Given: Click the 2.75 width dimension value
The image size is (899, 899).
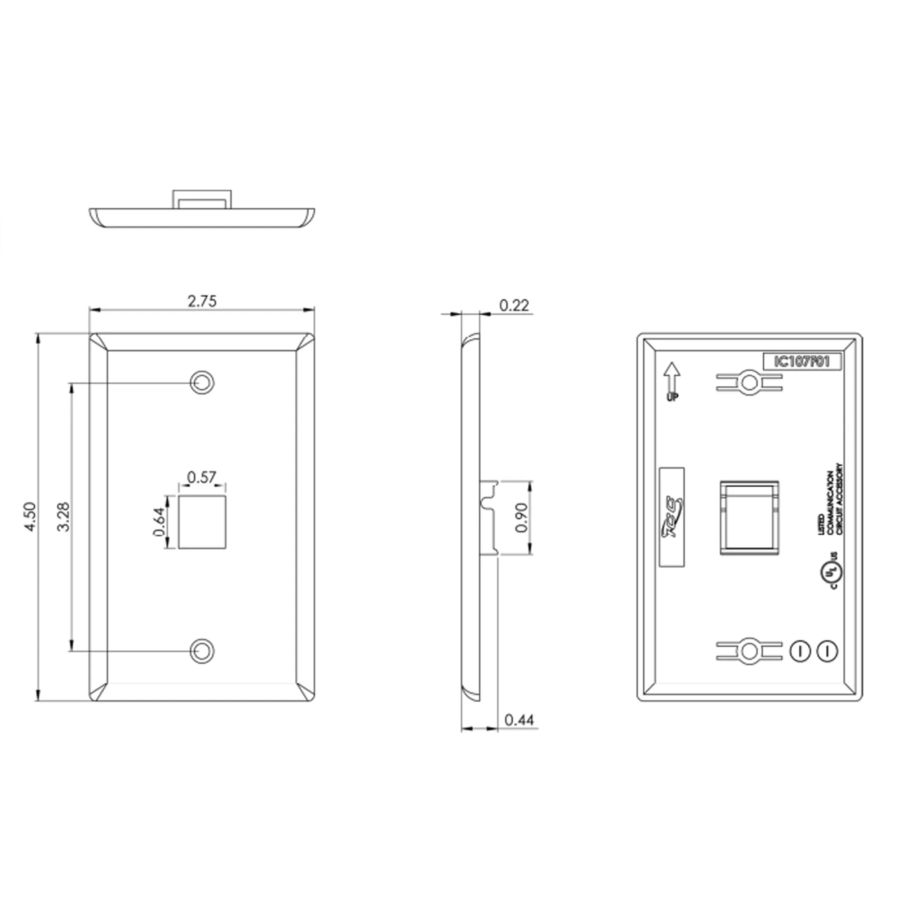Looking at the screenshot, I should [x=202, y=302].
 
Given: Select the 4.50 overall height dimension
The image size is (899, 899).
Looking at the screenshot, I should [x=30, y=516].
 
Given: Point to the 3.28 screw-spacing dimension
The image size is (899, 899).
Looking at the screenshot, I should [x=63, y=516].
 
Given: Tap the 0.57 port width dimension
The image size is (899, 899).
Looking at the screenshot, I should [x=201, y=477].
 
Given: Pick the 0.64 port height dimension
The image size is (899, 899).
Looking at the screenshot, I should [x=159, y=521].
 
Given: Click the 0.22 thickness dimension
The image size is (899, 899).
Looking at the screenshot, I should [x=514, y=306].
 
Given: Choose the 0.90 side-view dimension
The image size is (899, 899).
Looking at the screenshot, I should [x=521, y=517].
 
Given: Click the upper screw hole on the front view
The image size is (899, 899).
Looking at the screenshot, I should [x=202, y=383].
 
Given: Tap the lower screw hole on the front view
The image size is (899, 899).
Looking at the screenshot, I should [x=202, y=650].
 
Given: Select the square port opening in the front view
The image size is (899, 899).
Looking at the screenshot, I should [x=202, y=521].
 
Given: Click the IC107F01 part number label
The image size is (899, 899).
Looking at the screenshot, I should [x=802, y=361].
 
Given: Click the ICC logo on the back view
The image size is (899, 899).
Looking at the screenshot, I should [x=672, y=516].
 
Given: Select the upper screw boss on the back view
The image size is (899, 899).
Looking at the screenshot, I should [x=749, y=383].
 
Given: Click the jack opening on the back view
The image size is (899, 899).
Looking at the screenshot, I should [x=749, y=517].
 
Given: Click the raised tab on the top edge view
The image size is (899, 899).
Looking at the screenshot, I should [x=202, y=199].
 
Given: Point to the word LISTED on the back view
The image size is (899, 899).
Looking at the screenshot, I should [x=822, y=524].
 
